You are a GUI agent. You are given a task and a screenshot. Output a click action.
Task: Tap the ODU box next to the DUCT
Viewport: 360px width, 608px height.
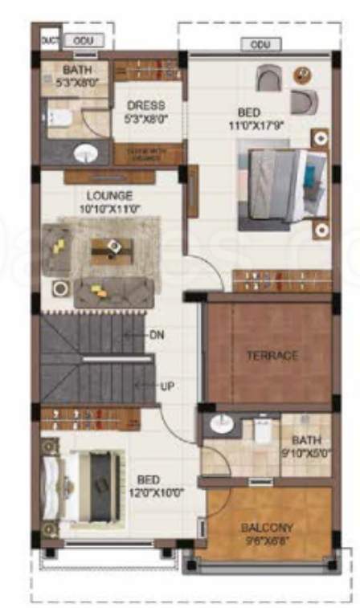point(77,39)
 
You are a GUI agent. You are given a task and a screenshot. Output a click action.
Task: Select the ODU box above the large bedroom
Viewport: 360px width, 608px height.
point(260,44)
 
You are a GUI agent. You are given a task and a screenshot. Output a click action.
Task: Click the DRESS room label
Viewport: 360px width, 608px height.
point(145,105)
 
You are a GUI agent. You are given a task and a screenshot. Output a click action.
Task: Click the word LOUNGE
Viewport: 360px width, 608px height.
point(111,195)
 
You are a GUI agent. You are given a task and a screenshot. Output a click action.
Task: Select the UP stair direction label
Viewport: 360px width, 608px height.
point(167,386)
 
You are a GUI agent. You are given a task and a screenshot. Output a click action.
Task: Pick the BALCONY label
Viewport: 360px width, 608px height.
point(266,528)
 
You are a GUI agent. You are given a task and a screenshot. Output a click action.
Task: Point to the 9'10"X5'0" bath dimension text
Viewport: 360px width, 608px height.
point(305,453)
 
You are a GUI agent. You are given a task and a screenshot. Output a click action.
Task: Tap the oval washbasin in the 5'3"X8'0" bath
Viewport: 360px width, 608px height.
point(84,153)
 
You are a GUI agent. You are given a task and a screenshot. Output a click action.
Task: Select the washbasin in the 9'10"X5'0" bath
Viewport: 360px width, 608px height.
point(219,426)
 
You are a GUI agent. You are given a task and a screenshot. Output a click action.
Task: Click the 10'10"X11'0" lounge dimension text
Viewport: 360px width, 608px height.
point(111,207)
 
